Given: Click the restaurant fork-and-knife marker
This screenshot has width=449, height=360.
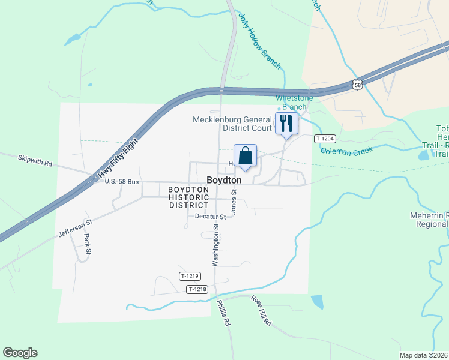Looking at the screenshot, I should [286, 124].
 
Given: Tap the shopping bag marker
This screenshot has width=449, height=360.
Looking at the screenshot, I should [246, 156].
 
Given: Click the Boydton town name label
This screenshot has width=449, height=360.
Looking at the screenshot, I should [224, 180].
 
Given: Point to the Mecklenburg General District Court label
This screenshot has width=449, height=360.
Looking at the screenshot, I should [232, 124].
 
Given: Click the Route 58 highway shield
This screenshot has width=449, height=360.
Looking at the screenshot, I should [357, 85].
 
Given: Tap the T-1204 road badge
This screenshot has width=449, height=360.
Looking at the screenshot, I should [324, 139].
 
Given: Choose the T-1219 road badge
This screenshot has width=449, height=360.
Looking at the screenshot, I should [190, 276].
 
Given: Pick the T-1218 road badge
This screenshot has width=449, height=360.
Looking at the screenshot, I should [197, 289].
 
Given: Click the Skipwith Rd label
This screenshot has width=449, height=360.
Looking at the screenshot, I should [35, 162].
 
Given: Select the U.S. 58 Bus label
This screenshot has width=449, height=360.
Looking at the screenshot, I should [122, 181].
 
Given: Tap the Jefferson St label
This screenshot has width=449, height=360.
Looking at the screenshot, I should [76, 229].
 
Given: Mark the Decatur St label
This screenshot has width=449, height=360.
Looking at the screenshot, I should [210, 217].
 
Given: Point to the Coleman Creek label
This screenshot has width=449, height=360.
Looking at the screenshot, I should [346, 150].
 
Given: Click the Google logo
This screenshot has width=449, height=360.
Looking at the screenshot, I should [20, 353].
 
